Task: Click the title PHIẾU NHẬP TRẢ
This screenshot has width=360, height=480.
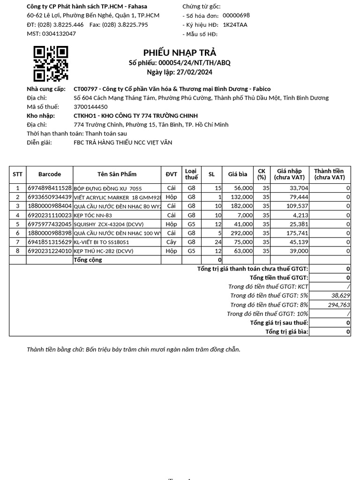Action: pos(180,52)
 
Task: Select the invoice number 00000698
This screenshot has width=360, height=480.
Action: pos(236,15)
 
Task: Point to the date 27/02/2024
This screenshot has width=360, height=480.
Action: pos(194,72)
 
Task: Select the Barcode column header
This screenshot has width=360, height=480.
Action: pos(50,174)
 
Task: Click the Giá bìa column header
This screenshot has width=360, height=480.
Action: pos(238,174)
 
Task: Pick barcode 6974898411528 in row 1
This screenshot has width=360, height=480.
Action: pos(50,188)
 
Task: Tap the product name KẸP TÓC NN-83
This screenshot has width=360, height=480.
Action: pos(93,215)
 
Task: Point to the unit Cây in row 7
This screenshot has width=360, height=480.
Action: pos(172,242)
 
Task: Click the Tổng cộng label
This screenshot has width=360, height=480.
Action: pos(88,260)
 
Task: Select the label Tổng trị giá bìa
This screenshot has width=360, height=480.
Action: pos(287,332)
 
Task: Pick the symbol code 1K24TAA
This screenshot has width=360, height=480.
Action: pos(235,25)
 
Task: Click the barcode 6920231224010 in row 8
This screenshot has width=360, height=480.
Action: pos(50,251)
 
